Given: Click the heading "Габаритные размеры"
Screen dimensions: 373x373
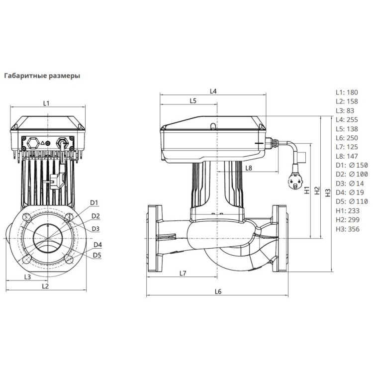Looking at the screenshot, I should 42,77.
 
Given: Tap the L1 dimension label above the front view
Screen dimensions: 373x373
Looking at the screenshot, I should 46,103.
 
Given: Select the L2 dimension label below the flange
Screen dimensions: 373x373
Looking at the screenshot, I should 45,286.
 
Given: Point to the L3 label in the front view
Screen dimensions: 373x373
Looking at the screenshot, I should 28,277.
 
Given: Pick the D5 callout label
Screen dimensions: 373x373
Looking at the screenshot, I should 97,255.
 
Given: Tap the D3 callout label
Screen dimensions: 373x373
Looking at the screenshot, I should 96,228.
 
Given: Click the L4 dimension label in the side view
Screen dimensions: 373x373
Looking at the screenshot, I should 213,91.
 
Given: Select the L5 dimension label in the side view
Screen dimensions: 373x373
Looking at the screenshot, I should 193,101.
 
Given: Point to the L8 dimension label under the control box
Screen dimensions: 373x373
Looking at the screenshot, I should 249,169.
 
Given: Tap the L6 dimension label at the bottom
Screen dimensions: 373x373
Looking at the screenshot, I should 218,291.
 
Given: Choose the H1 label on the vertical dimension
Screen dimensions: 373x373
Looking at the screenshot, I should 306,189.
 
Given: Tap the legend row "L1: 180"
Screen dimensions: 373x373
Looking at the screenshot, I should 347,93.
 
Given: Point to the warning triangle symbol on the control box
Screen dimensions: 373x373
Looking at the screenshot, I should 48,142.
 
